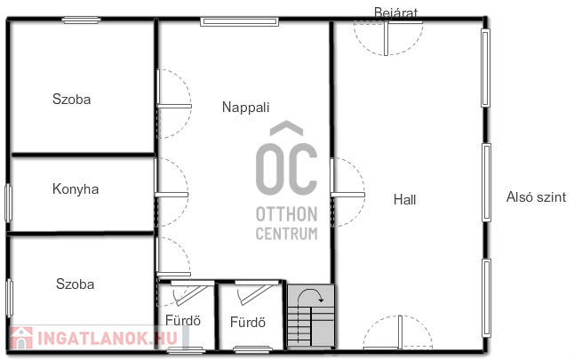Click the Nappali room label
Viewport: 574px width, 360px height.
point(245,108)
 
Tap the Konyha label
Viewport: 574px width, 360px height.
point(76,189)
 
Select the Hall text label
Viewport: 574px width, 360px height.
point(404,200)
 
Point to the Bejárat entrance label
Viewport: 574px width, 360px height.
point(395,12)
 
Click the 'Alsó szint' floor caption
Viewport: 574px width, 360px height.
point(536,197)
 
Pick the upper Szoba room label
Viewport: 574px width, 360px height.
point(71,100)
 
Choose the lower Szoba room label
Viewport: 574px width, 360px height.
point(75,284)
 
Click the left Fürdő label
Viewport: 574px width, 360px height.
point(183,321)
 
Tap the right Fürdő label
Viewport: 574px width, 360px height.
point(248,323)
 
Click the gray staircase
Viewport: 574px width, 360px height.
point(311,316)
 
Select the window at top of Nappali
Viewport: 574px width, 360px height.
point(239,21)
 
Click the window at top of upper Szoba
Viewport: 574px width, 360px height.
point(81,20)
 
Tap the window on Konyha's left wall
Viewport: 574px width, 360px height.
point(8,203)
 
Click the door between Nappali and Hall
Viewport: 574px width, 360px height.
point(347,195)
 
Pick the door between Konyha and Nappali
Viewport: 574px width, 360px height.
point(171,194)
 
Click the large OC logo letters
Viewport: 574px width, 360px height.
point(286,169)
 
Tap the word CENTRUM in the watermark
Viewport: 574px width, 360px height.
point(287,233)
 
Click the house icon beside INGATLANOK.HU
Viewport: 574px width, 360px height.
point(21,337)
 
